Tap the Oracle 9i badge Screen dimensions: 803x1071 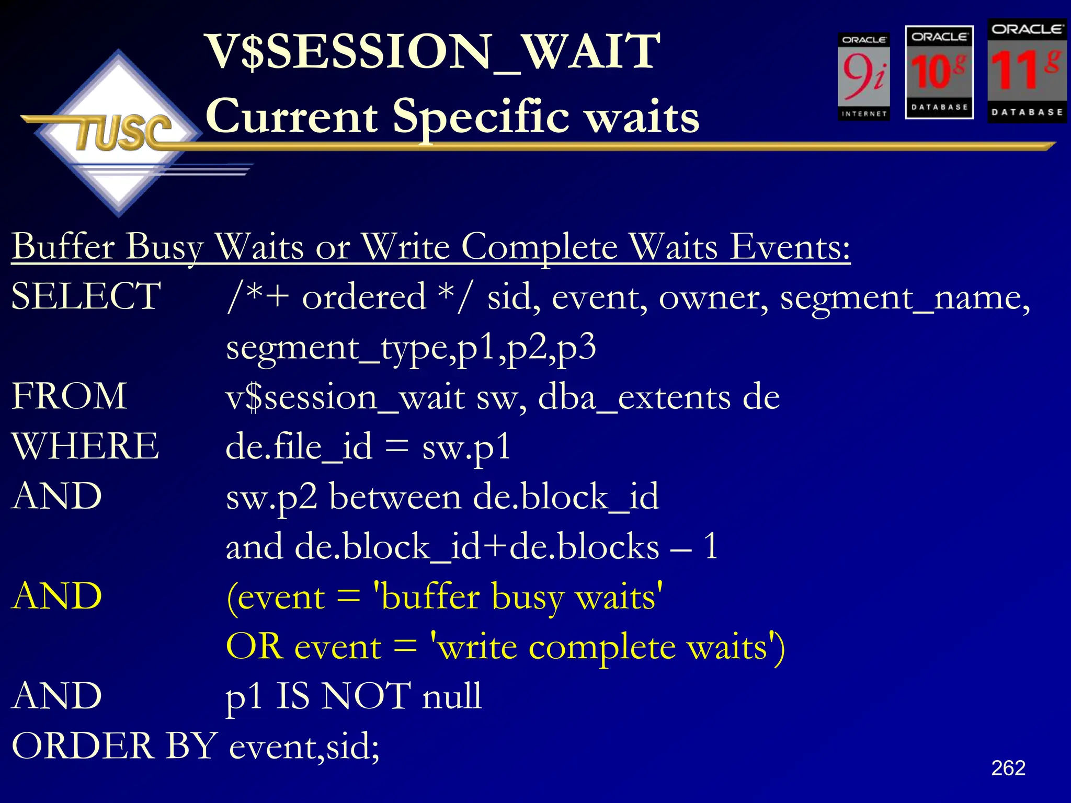pos(863,77)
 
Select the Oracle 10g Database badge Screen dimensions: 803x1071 pos(939,72)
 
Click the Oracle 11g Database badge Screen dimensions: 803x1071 pos(1027,71)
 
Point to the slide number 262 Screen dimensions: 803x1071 pos(1008,767)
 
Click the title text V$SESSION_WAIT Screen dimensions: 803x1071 pos(433,52)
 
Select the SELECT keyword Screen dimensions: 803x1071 pos(86,296)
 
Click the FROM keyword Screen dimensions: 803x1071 pos(70,396)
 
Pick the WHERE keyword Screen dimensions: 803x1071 pos(85,446)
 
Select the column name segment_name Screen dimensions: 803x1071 pos(905,297)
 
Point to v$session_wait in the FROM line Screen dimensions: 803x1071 pos(345,397)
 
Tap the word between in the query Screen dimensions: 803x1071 pos(395,497)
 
